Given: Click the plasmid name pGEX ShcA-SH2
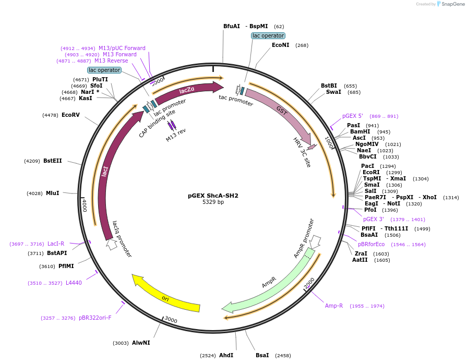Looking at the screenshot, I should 213,196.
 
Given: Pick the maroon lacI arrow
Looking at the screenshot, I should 106,172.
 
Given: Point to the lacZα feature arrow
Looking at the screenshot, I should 187,91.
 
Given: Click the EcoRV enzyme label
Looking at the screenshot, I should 70,115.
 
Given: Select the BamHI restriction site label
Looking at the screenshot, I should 360,132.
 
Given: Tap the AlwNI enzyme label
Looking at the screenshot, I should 141,343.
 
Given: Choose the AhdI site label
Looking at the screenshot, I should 226,355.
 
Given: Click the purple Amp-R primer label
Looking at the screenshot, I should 334,306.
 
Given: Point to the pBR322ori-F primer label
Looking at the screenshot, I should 95,318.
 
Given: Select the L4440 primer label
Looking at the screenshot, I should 74,283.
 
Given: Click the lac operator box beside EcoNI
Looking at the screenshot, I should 268,35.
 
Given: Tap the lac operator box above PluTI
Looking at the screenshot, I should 104,70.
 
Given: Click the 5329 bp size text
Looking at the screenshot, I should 213,202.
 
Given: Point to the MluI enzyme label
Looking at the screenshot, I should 53,193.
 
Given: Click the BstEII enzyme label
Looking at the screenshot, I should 53,161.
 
